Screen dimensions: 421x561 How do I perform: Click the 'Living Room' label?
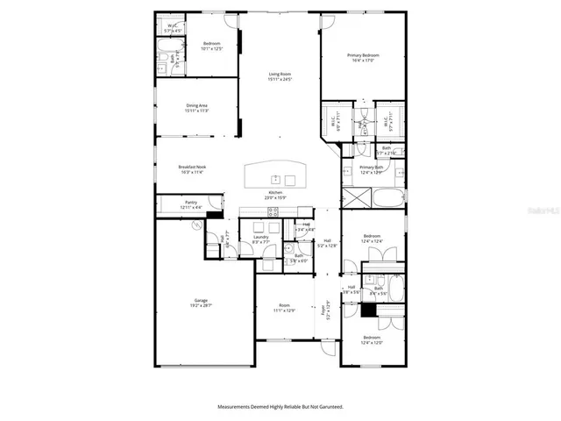pyautogui.click(x=280, y=73)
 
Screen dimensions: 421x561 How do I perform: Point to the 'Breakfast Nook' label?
pyautogui.click(x=192, y=167)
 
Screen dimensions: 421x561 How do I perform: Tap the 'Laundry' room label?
pyautogui.click(x=260, y=236)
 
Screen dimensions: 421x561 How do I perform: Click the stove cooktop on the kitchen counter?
pyautogui.click(x=273, y=211)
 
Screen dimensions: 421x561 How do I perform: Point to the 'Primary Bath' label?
pyautogui.click(x=372, y=167)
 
